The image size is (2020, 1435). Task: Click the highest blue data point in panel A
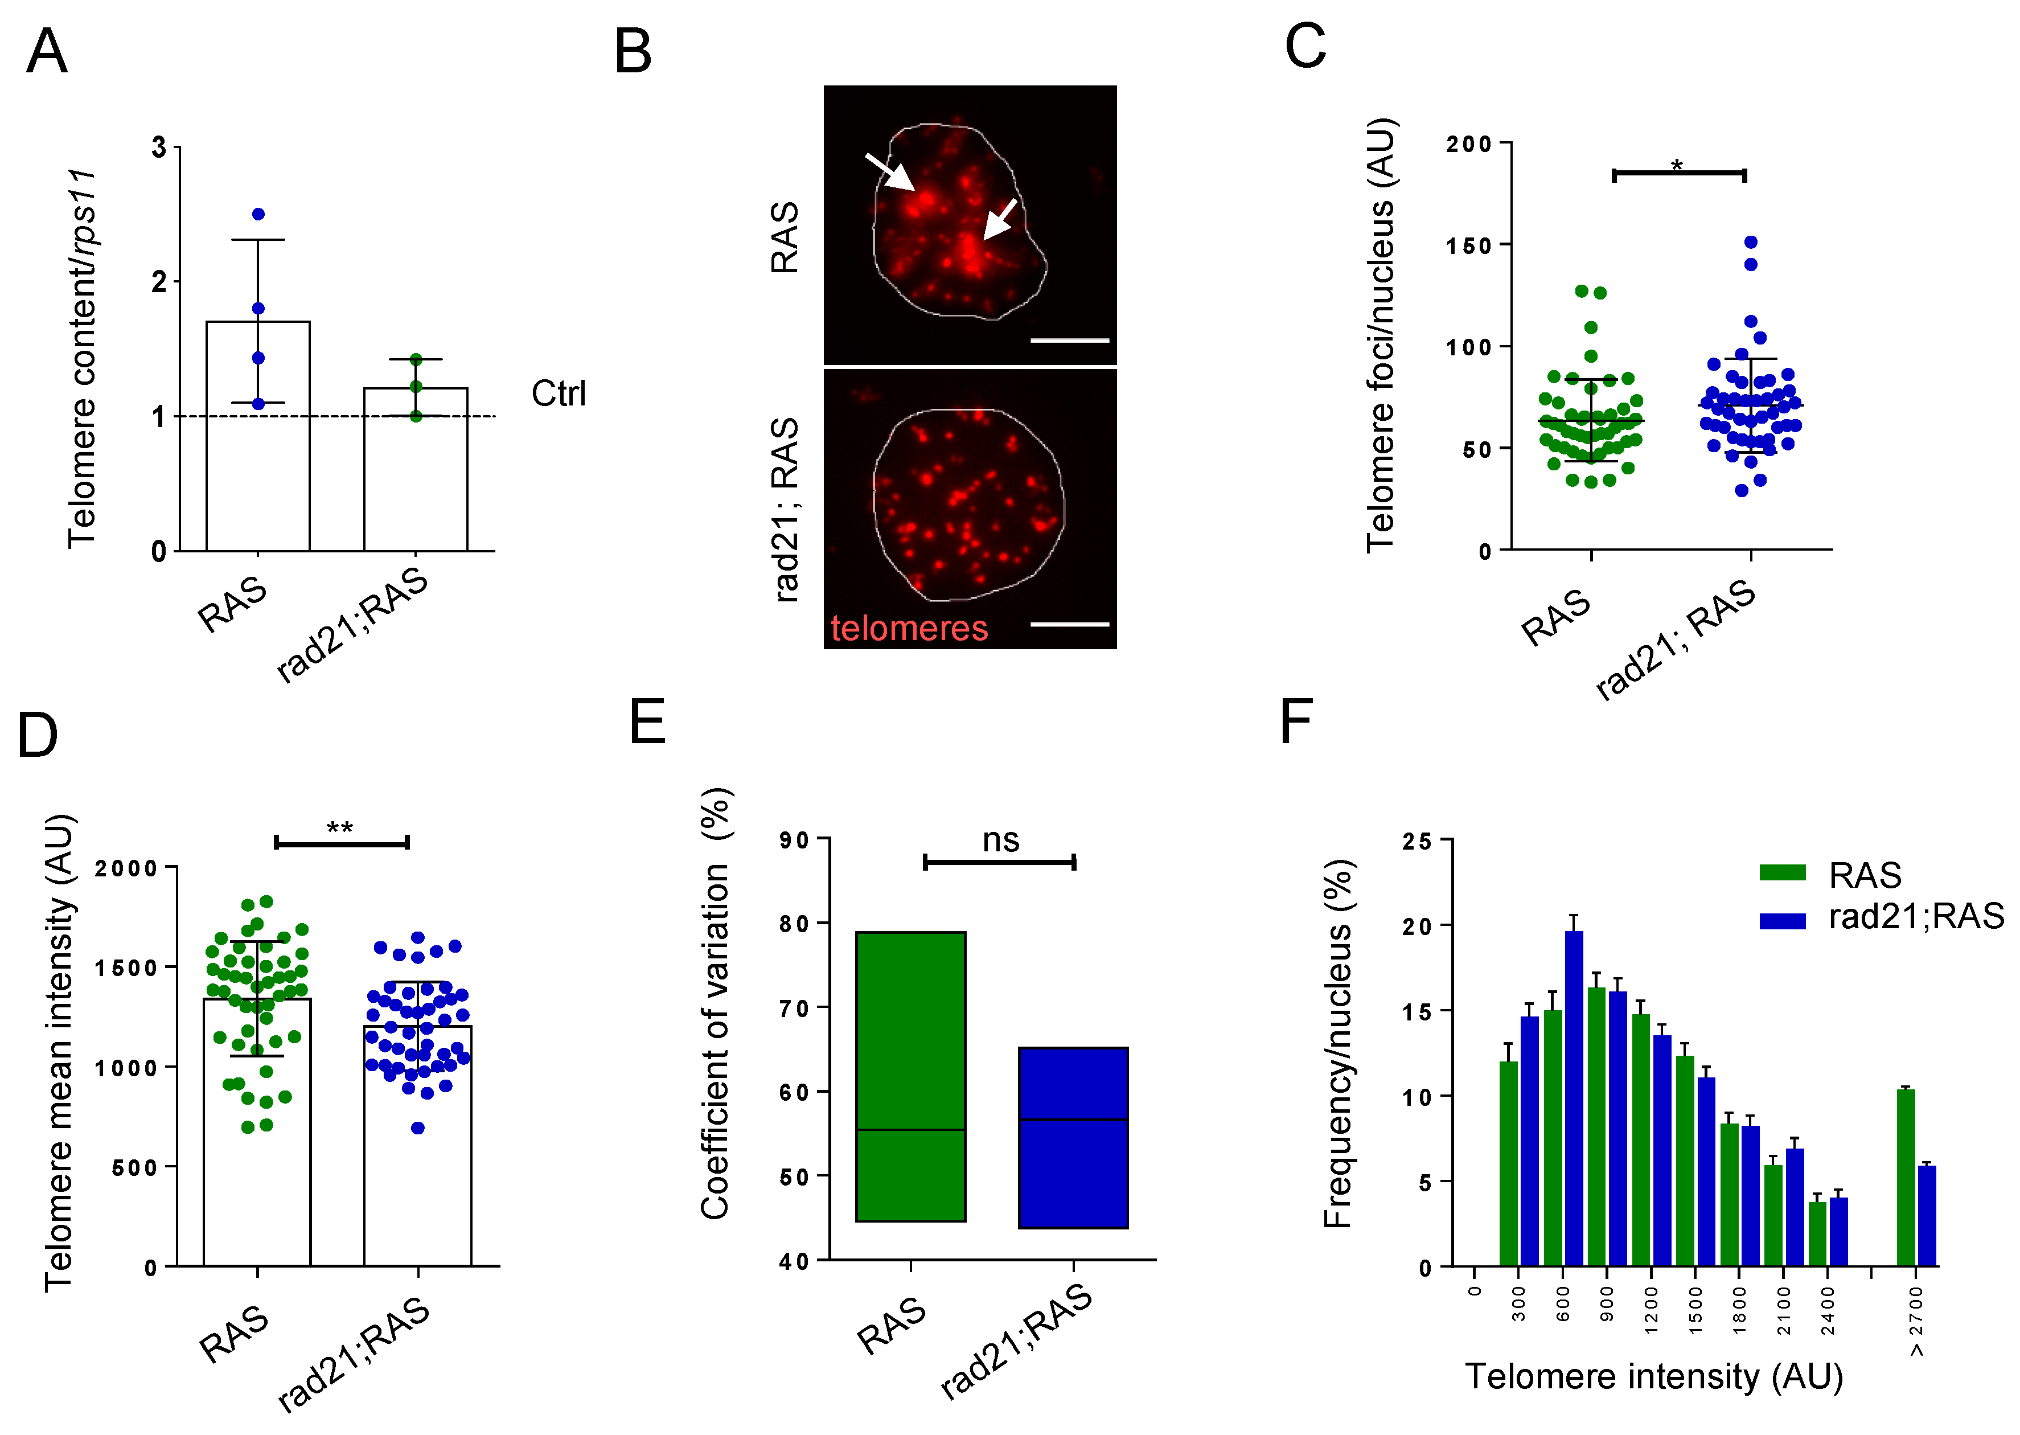(258, 215)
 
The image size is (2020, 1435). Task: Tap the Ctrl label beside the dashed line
(558, 394)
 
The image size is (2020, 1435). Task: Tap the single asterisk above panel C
(1677, 165)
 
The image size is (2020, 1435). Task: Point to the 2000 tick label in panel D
(126, 868)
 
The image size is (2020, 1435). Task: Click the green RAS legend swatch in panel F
(1781, 873)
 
